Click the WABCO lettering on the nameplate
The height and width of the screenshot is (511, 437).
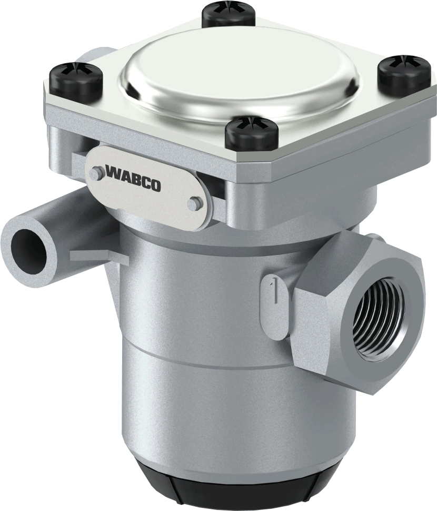click(134, 178)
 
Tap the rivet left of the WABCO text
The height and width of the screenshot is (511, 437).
click(95, 172)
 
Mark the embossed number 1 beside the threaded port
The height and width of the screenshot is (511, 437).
click(271, 289)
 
